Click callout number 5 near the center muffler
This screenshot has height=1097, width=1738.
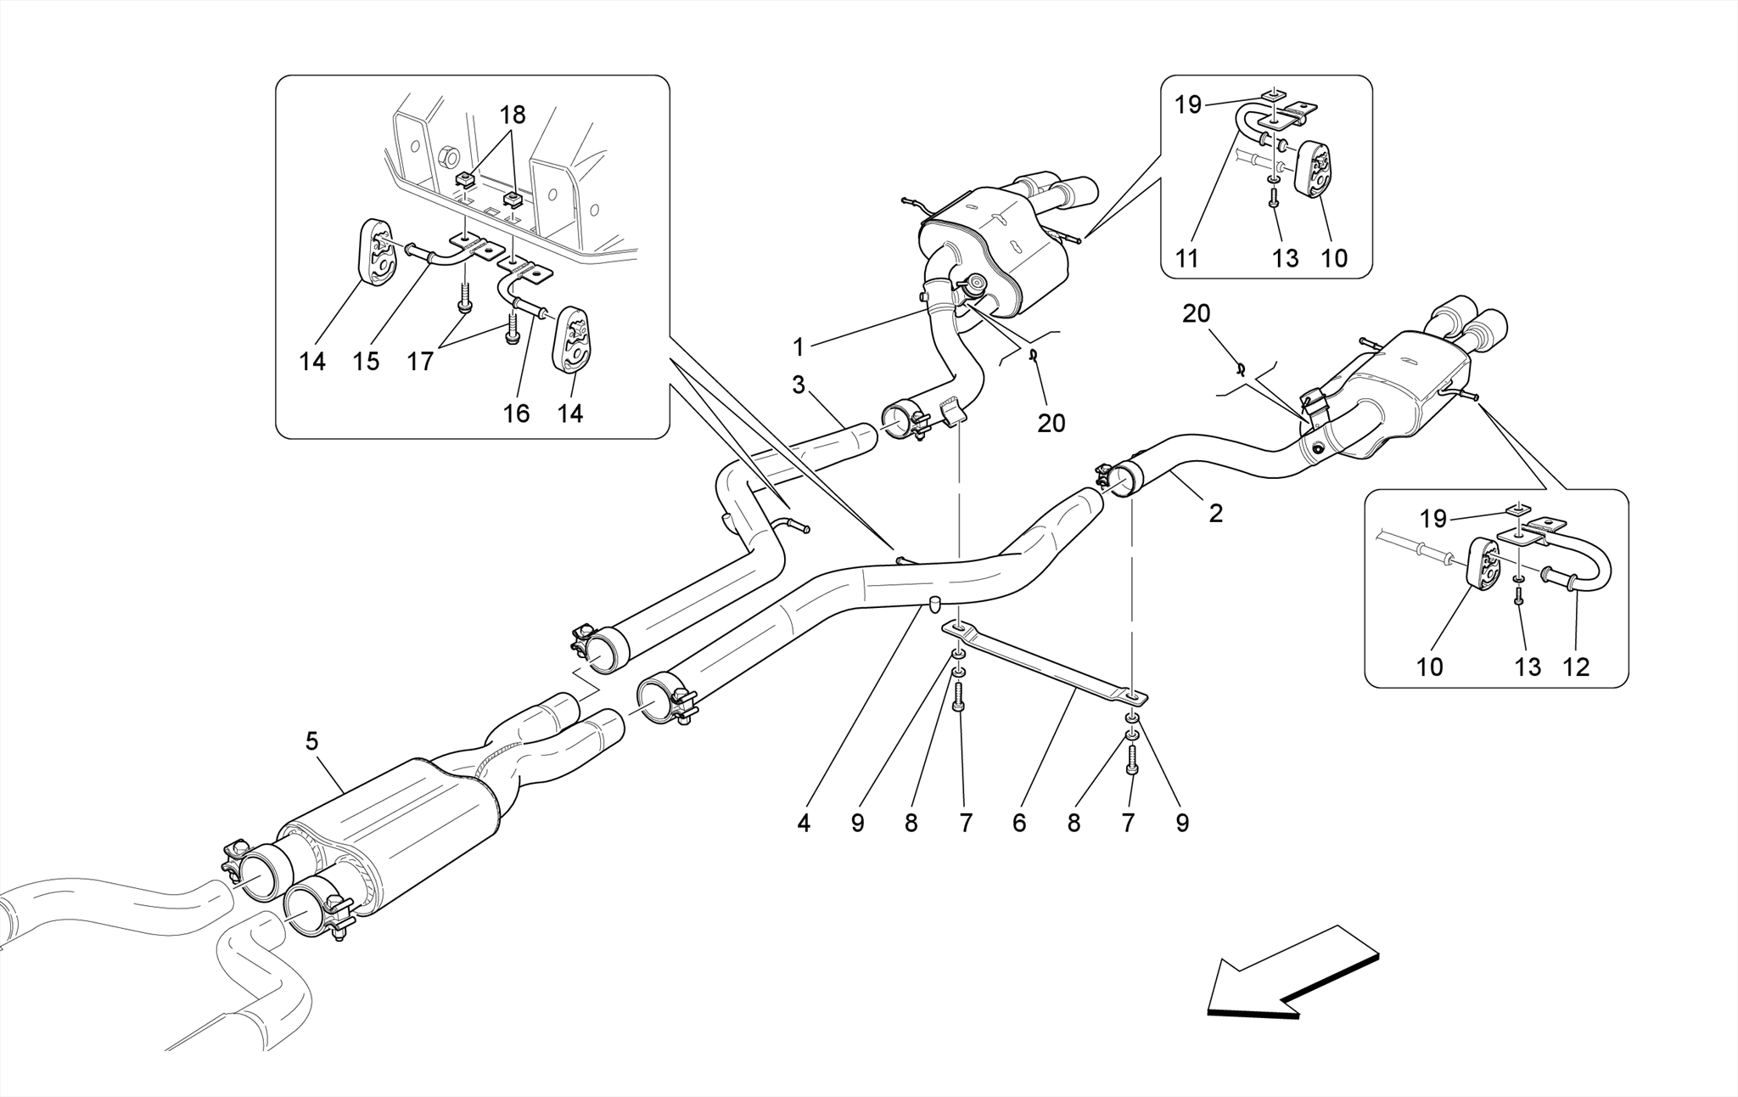(311, 741)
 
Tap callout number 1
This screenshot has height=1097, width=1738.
(798, 346)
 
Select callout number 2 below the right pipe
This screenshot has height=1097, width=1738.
(1215, 513)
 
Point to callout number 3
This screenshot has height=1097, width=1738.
(798, 385)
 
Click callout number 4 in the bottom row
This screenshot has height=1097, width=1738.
(803, 822)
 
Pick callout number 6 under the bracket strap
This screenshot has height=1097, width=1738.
(1018, 822)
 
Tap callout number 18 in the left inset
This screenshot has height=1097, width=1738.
(513, 115)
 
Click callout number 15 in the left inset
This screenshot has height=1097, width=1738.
(366, 362)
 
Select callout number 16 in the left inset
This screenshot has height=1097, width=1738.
(516, 413)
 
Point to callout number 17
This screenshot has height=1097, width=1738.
(420, 362)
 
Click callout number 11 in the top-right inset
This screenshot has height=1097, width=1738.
(1186, 258)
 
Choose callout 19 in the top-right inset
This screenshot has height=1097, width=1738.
(1188, 105)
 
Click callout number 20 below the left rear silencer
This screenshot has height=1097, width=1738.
(1051, 422)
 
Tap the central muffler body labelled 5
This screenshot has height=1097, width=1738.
(390, 815)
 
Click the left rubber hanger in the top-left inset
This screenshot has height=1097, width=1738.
(376, 252)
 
